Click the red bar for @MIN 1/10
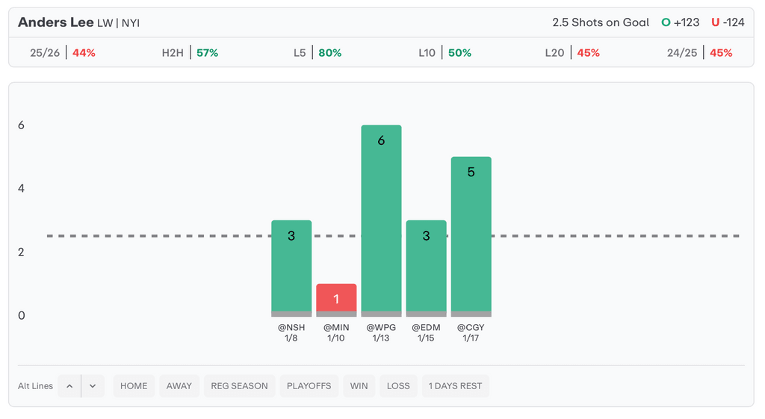[336, 299]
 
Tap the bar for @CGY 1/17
[471, 236]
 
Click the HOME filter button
[134, 386]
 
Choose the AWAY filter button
[179, 386]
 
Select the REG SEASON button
[239, 386]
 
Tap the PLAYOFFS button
[309, 386]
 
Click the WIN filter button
[359, 386]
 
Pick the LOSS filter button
[398, 386]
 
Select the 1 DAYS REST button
[456, 386]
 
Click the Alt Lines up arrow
[69, 386]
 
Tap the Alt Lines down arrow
[93, 386]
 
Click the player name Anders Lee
[56, 22]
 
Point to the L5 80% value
[329, 53]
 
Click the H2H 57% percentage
[207, 53]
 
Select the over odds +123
[686, 22]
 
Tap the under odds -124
[733, 22]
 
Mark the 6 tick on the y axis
[22, 125]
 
